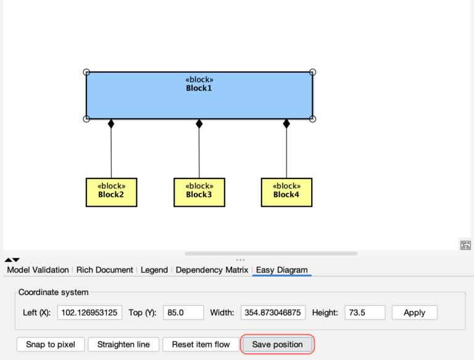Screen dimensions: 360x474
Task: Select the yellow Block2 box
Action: click(111, 192)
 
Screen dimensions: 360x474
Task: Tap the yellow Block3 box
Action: click(199, 192)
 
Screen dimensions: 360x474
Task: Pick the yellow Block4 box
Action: click(286, 192)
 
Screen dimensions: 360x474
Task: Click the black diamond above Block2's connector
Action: click(111, 123)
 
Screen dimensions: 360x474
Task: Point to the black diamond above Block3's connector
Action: click(199, 123)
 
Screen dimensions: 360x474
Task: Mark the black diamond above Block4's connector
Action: click(286, 123)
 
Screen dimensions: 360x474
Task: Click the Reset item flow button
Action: click(201, 344)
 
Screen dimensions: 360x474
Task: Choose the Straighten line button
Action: click(123, 344)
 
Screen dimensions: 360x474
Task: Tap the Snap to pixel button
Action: click(51, 344)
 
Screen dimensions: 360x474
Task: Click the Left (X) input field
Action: click(89, 312)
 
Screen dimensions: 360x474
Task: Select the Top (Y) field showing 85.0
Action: click(183, 312)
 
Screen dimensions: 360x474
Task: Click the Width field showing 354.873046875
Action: click(273, 312)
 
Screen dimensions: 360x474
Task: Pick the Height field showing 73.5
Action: click(365, 312)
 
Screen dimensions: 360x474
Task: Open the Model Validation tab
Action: click(38, 270)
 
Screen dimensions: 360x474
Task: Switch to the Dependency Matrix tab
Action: click(212, 270)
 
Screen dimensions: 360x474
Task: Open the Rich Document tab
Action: click(105, 270)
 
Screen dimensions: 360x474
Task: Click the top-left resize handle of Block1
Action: click(86, 72)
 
